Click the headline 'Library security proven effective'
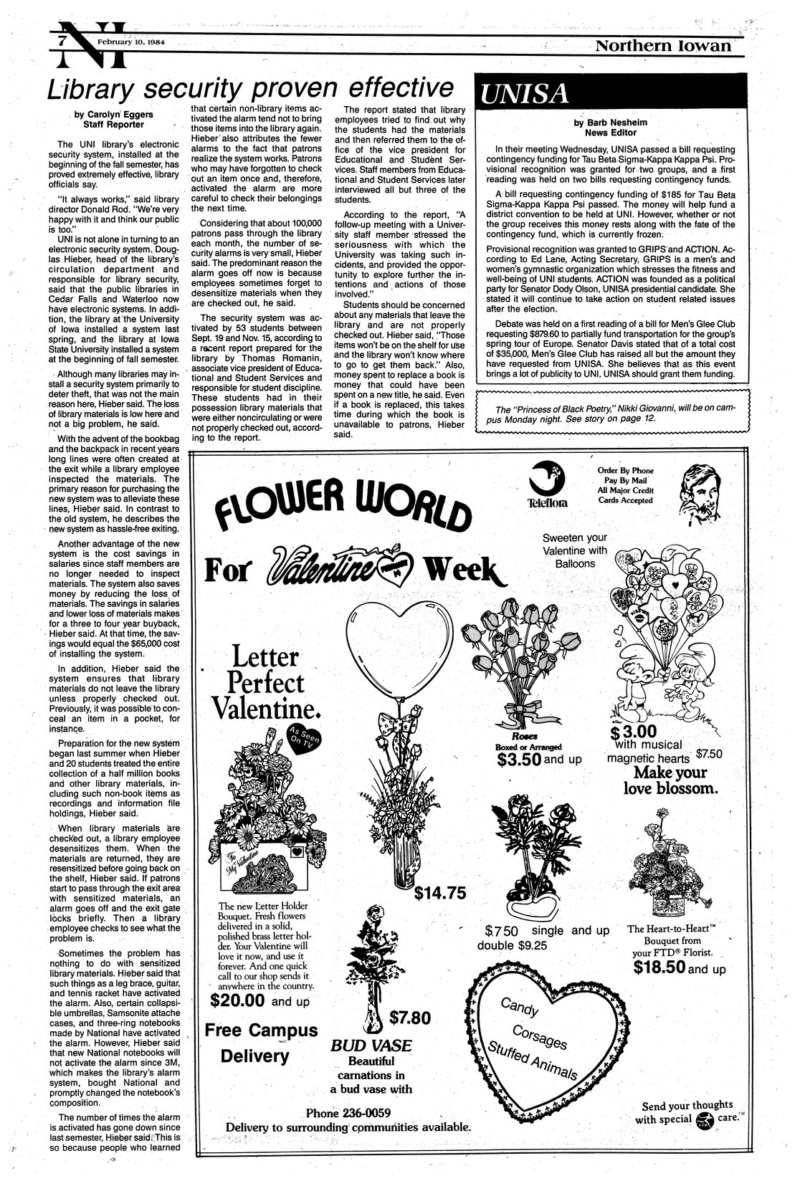251,89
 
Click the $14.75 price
440,893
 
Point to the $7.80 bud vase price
409,1017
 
